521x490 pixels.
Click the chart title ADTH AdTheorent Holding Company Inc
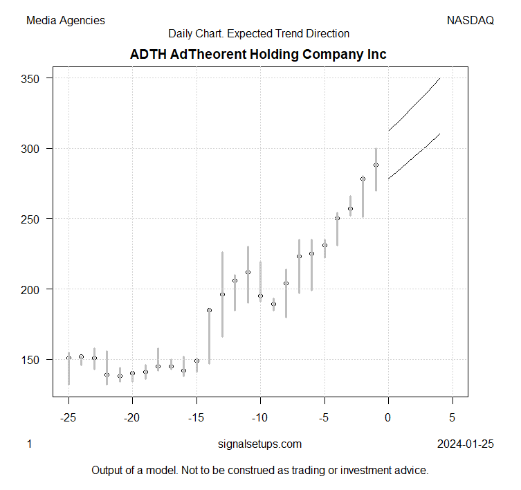point(258,54)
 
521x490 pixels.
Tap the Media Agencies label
point(66,21)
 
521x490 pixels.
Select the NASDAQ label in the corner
point(470,21)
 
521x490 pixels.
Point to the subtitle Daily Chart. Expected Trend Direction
point(259,33)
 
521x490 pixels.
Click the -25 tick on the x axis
point(68,417)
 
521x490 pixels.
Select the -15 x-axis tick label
point(196,417)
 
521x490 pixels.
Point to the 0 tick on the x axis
point(388,417)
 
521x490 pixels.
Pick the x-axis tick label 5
point(453,417)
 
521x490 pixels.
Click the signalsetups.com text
point(259,444)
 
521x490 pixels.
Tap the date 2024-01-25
point(466,444)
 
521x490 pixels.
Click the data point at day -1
point(376,165)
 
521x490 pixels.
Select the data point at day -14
point(209,310)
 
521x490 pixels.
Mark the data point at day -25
point(68,358)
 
